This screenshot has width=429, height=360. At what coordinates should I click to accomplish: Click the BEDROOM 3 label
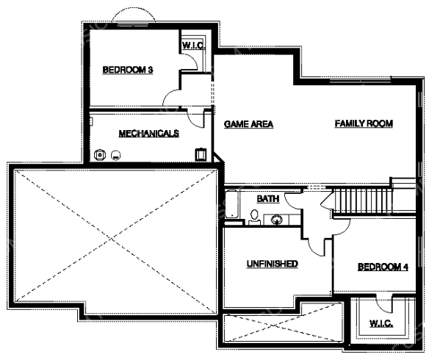(x=128, y=70)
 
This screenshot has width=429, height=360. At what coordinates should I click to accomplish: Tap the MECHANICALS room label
(x=149, y=134)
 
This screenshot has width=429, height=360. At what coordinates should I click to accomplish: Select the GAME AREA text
(x=248, y=124)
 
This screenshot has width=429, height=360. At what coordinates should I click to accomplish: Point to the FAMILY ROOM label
(x=364, y=123)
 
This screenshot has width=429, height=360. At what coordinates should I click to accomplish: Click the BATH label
(x=268, y=199)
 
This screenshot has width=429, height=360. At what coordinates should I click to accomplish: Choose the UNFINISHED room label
(x=273, y=264)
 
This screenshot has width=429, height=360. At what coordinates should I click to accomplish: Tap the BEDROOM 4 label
(x=383, y=267)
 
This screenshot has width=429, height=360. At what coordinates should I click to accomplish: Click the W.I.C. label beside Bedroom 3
(x=193, y=45)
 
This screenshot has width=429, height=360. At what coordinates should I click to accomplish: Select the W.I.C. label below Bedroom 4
(x=381, y=323)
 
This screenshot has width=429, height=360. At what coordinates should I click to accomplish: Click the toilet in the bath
(x=254, y=217)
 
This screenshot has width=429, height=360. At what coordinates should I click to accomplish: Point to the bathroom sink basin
(x=277, y=220)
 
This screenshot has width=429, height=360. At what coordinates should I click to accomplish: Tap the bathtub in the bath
(x=231, y=204)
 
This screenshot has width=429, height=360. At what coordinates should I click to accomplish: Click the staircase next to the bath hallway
(x=362, y=201)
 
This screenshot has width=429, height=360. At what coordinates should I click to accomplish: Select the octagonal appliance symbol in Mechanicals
(x=100, y=155)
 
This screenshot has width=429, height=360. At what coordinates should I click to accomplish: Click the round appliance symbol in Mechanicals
(x=116, y=155)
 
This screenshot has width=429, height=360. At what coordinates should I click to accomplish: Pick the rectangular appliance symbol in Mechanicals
(x=201, y=154)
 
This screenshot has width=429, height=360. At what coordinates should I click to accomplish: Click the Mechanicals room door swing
(x=196, y=118)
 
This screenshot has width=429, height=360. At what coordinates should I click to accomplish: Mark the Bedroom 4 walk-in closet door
(x=383, y=304)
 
